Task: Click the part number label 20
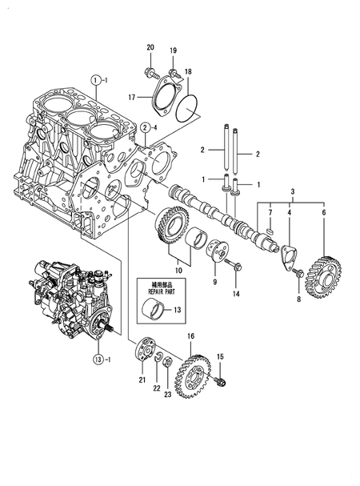point(150,47)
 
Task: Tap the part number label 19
point(173,50)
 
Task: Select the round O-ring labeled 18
point(186,108)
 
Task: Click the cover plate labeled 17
point(166,97)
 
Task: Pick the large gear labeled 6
point(323,277)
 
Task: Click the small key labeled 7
point(270,231)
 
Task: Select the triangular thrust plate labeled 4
point(289,258)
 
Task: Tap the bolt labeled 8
point(299,273)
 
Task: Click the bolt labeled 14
point(233,263)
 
